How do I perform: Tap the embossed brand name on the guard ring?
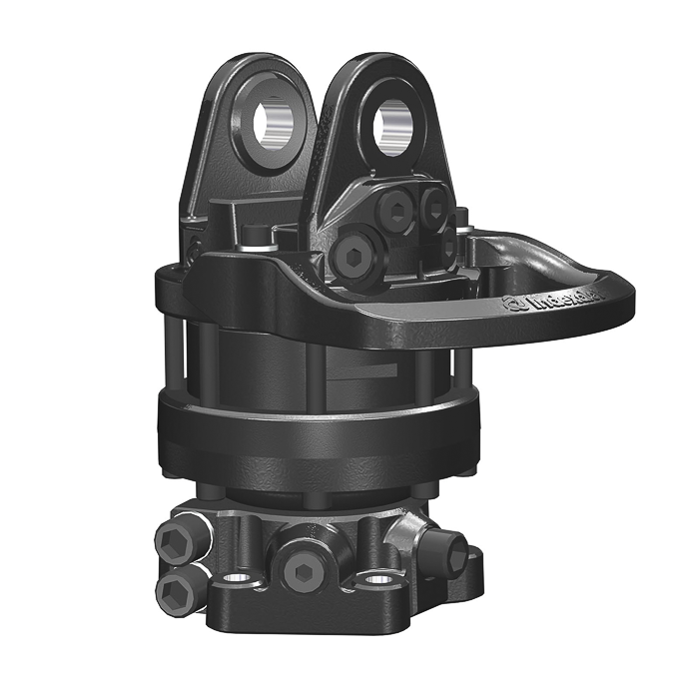tap(547, 303)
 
